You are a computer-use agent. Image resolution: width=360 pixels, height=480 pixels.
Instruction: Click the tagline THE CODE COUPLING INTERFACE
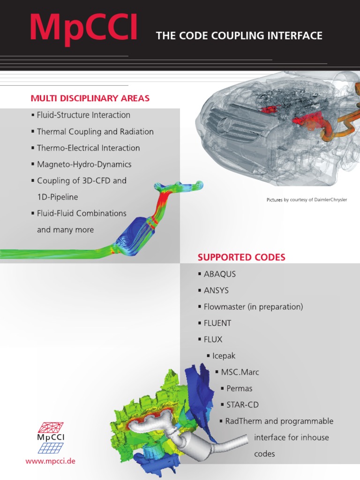(x=239, y=36)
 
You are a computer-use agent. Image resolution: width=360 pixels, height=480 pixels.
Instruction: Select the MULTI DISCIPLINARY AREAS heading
(x=90, y=98)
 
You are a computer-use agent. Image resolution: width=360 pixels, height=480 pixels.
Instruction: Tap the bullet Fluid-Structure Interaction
(x=83, y=115)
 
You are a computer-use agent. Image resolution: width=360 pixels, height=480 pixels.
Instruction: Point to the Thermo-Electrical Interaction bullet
(x=88, y=148)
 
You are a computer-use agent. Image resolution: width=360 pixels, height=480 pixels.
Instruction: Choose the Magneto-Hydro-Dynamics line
(x=84, y=165)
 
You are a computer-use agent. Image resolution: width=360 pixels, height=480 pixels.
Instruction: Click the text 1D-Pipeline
(x=57, y=197)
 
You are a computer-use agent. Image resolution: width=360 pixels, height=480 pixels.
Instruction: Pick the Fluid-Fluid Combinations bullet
(x=82, y=213)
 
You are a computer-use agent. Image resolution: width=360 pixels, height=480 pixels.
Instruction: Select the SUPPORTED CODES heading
(x=241, y=257)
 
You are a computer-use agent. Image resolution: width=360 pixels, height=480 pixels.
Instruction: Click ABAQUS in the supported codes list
(x=220, y=274)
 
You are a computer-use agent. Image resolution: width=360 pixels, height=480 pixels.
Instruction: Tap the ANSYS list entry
(x=216, y=291)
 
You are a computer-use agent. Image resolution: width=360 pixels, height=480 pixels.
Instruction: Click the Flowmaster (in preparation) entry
(x=253, y=307)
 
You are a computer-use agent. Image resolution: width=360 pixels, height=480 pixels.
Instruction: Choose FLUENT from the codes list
(x=217, y=323)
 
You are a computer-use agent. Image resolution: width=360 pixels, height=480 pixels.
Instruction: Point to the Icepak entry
(x=224, y=356)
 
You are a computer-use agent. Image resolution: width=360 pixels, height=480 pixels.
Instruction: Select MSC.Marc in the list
(x=240, y=372)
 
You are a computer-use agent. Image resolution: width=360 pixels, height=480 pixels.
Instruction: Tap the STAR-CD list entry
(x=242, y=405)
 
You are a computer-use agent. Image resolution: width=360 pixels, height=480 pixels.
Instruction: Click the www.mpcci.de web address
(x=50, y=461)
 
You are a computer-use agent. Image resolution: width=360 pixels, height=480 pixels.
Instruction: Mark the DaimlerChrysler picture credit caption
(x=307, y=200)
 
